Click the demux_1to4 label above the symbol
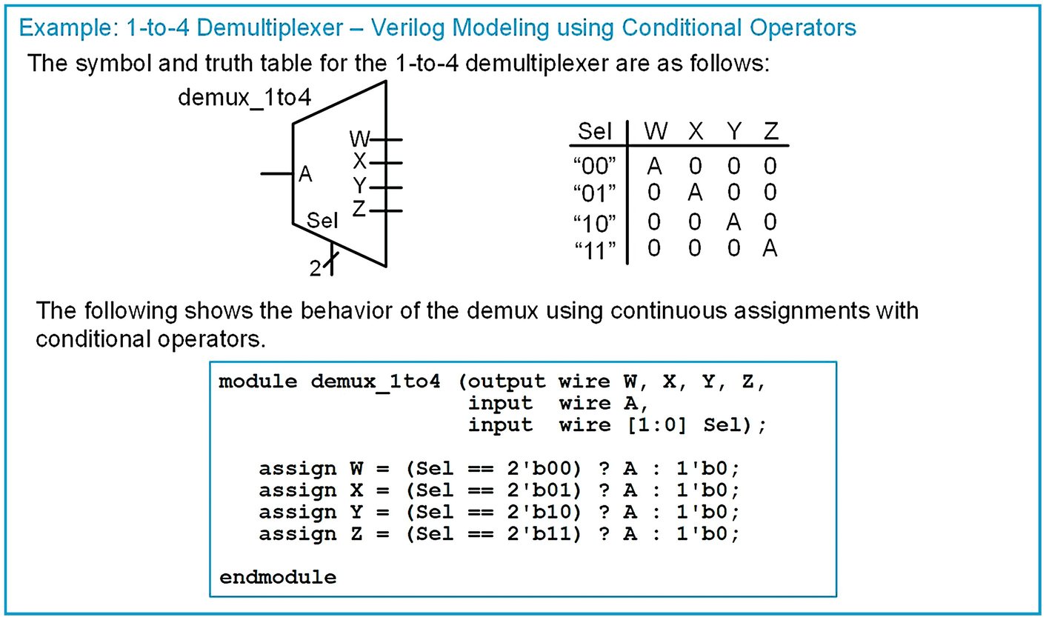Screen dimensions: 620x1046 tap(244, 99)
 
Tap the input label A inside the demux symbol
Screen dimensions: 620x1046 tap(305, 175)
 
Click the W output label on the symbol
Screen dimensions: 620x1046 tap(359, 139)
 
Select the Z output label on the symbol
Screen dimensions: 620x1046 tap(359, 210)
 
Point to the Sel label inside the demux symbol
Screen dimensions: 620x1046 tap(323, 221)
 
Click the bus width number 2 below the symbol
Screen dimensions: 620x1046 tap(316, 269)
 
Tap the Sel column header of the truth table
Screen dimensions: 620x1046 tap(595, 132)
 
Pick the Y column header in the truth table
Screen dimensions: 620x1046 tap(734, 132)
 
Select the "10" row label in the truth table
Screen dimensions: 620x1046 tap(596, 223)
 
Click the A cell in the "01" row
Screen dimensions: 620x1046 tap(694, 193)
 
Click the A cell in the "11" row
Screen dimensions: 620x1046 tap(770, 249)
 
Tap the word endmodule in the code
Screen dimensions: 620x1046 tap(278, 576)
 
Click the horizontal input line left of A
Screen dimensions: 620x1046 tap(276, 174)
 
